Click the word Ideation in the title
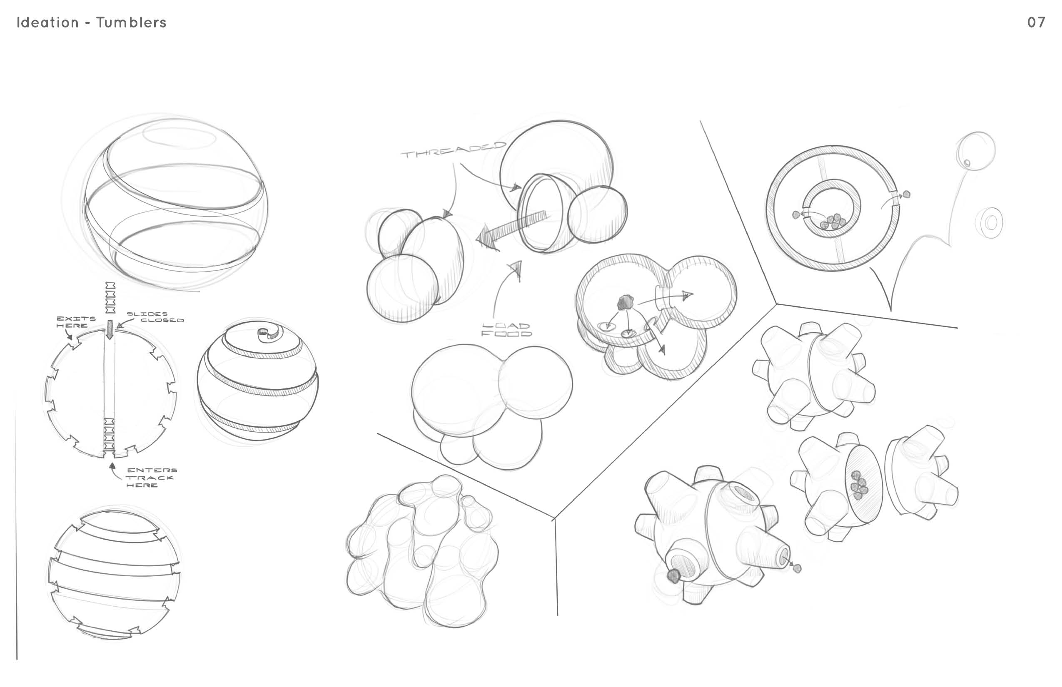point(48,22)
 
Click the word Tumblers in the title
point(131,22)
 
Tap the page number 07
point(1036,22)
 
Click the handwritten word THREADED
point(454,150)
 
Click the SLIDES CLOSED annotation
point(155,317)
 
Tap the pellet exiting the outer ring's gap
point(906,194)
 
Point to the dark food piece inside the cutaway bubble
point(625,302)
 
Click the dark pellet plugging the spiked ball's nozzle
point(673,576)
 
